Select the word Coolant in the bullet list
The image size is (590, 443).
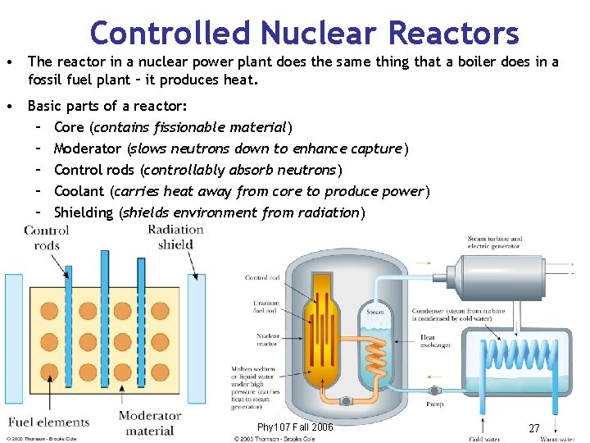tap(79, 191)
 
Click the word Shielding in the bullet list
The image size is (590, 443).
tap(84, 212)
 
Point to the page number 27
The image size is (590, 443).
tap(533, 428)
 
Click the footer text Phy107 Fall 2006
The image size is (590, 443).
tap(295, 427)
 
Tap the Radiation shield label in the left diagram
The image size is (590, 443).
tap(175, 237)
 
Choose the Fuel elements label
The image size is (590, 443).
tap(48, 422)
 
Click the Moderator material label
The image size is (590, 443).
tap(150, 423)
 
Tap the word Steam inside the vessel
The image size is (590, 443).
tap(375, 312)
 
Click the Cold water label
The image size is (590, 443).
tap(485, 439)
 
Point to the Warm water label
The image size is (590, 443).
tap(557, 439)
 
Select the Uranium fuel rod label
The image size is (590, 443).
tap(266, 308)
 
